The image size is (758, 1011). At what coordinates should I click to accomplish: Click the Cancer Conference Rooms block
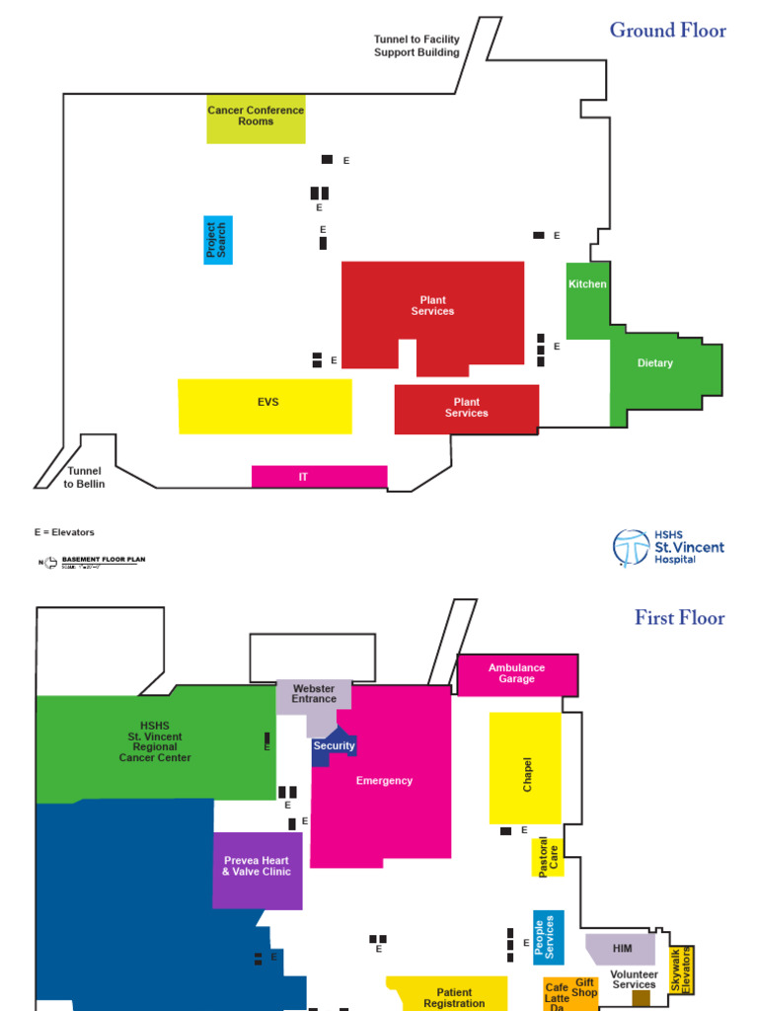click(x=256, y=118)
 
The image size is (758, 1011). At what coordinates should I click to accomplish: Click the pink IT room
click(x=319, y=477)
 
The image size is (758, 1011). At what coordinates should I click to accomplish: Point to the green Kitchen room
click(x=587, y=296)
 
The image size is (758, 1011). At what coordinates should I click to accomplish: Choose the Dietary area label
click(x=655, y=363)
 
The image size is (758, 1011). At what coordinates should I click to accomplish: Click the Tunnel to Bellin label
click(x=84, y=478)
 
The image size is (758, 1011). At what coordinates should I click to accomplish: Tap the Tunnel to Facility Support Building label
click(x=417, y=46)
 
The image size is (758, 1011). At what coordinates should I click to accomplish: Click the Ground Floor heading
click(x=667, y=31)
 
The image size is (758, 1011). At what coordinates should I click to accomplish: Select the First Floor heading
click(x=679, y=618)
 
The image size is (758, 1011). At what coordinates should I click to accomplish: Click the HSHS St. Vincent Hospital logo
click(x=668, y=547)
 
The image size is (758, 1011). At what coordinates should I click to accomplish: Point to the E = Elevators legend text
click(x=64, y=532)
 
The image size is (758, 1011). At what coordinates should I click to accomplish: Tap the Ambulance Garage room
click(x=516, y=673)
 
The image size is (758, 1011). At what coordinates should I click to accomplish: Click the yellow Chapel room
click(x=525, y=769)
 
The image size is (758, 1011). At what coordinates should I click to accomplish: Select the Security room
click(x=334, y=747)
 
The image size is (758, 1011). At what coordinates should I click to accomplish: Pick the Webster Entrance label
click(x=314, y=694)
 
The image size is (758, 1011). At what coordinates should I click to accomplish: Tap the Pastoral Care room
click(x=547, y=858)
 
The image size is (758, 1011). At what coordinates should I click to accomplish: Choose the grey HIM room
click(x=620, y=949)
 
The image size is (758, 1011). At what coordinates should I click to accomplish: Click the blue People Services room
click(x=549, y=936)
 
